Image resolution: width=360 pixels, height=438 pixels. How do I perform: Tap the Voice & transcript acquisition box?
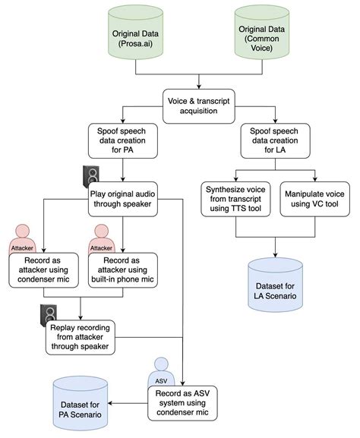pyautogui.click(x=199, y=102)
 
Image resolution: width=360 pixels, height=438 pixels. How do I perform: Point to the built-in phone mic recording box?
pyautogui.click(x=124, y=269)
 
